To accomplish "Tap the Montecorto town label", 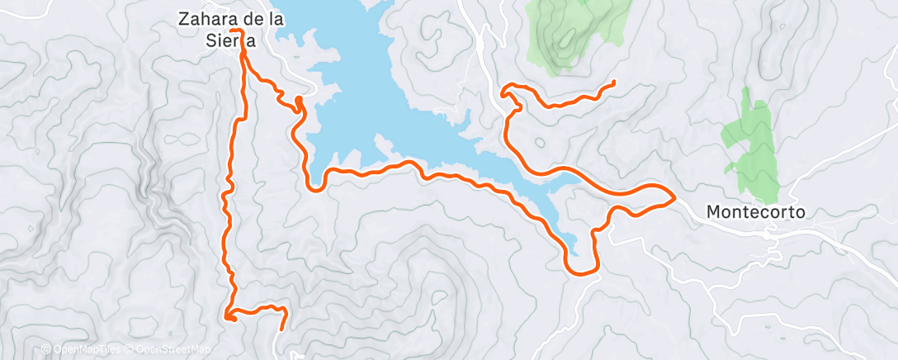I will click(756, 212).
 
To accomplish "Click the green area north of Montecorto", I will click(749, 149).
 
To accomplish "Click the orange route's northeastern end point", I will click(615, 83).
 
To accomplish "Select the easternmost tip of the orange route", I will click(674, 197).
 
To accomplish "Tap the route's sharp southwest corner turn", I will click(227, 315).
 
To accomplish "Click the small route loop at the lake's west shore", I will click(297, 102).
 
